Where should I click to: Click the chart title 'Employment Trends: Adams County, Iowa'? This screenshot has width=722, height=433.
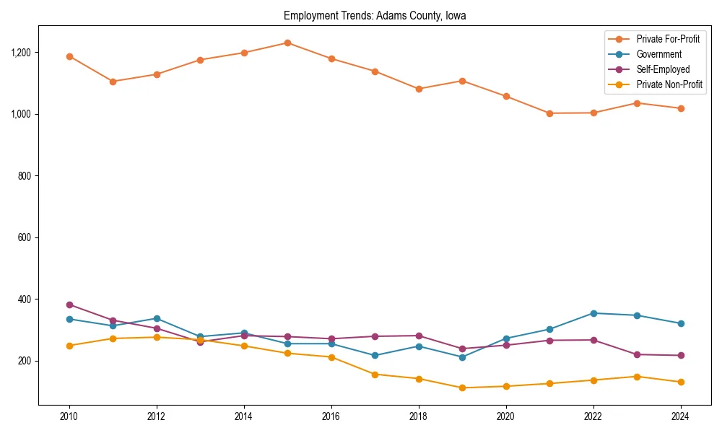pyautogui.click(x=375, y=15)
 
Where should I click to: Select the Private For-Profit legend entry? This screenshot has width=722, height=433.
pyautogui.click(x=668, y=39)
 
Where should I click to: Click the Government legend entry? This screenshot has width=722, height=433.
pyautogui.click(x=658, y=54)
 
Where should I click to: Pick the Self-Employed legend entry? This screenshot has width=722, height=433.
pyautogui.click(x=663, y=69)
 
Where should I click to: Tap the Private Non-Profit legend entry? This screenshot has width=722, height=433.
pyautogui.click(x=669, y=84)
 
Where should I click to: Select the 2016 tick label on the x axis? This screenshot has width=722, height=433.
pyautogui.click(x=331, y=416)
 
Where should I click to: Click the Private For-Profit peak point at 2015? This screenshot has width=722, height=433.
pyautogui.click(x=287, y=43)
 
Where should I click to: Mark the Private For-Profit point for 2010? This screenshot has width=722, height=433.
pyautogui.click(x=69, y=56)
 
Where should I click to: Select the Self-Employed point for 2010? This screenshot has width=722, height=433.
pyautogui.click(x=69, y=305)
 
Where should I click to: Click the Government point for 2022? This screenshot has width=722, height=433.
pyautogui.click(x=593, y=313)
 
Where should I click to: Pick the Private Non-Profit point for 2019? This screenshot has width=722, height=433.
pyautogui.click(x=462, y=388)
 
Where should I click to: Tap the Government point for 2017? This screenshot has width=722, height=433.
pyautogui.click(x=375, y=356)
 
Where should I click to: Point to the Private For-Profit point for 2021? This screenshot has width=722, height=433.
pyautogui.click(x=549, y=113)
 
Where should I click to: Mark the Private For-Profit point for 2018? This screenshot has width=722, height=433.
pyautogui.click(x=419, y=89)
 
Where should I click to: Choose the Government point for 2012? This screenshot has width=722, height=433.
pyautogui.click(x=157, y=318)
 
